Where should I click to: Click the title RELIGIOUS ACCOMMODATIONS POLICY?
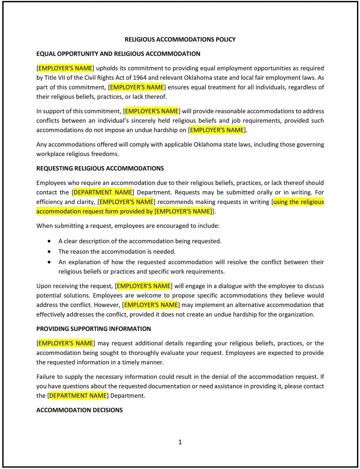tap(180, 39)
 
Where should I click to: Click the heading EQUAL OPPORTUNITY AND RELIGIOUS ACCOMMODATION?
tap(118, 54)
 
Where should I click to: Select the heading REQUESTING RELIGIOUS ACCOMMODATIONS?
tap(100, 168)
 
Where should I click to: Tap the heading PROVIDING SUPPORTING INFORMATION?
tap(93, 329)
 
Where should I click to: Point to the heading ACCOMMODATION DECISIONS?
tap(79, 410)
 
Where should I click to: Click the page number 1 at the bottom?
tap(180, 442)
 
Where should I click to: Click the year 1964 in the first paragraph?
tap(140, 78)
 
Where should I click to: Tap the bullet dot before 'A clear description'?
tap(49, 241)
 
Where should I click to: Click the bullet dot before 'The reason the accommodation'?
tap(49, 252)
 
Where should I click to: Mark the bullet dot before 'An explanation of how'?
tap(49, 262)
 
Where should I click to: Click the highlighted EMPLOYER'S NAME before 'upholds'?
tap(65, 68)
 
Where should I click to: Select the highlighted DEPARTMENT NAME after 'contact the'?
tap(103, 192)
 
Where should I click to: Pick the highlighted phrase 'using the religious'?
tap(298, 202)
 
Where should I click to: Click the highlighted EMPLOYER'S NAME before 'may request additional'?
tap(65, 343)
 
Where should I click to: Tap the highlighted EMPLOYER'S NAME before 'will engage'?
tap(143, 286)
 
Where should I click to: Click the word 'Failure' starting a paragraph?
tap(45, 377)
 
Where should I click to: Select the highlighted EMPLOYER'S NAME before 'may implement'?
tap(151, 305)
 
